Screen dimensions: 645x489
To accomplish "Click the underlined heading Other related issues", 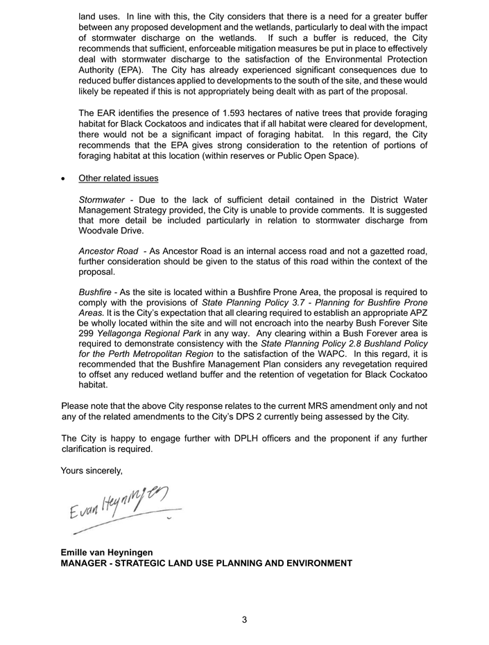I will point(118,178).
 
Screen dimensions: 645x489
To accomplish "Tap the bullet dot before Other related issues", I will point(64,179).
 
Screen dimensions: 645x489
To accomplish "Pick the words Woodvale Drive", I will point(111,231).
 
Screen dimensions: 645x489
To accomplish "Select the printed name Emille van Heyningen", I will point(107,553).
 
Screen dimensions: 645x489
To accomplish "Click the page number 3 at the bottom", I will point(244,620).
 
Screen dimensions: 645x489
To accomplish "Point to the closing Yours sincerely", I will point(92,471).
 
